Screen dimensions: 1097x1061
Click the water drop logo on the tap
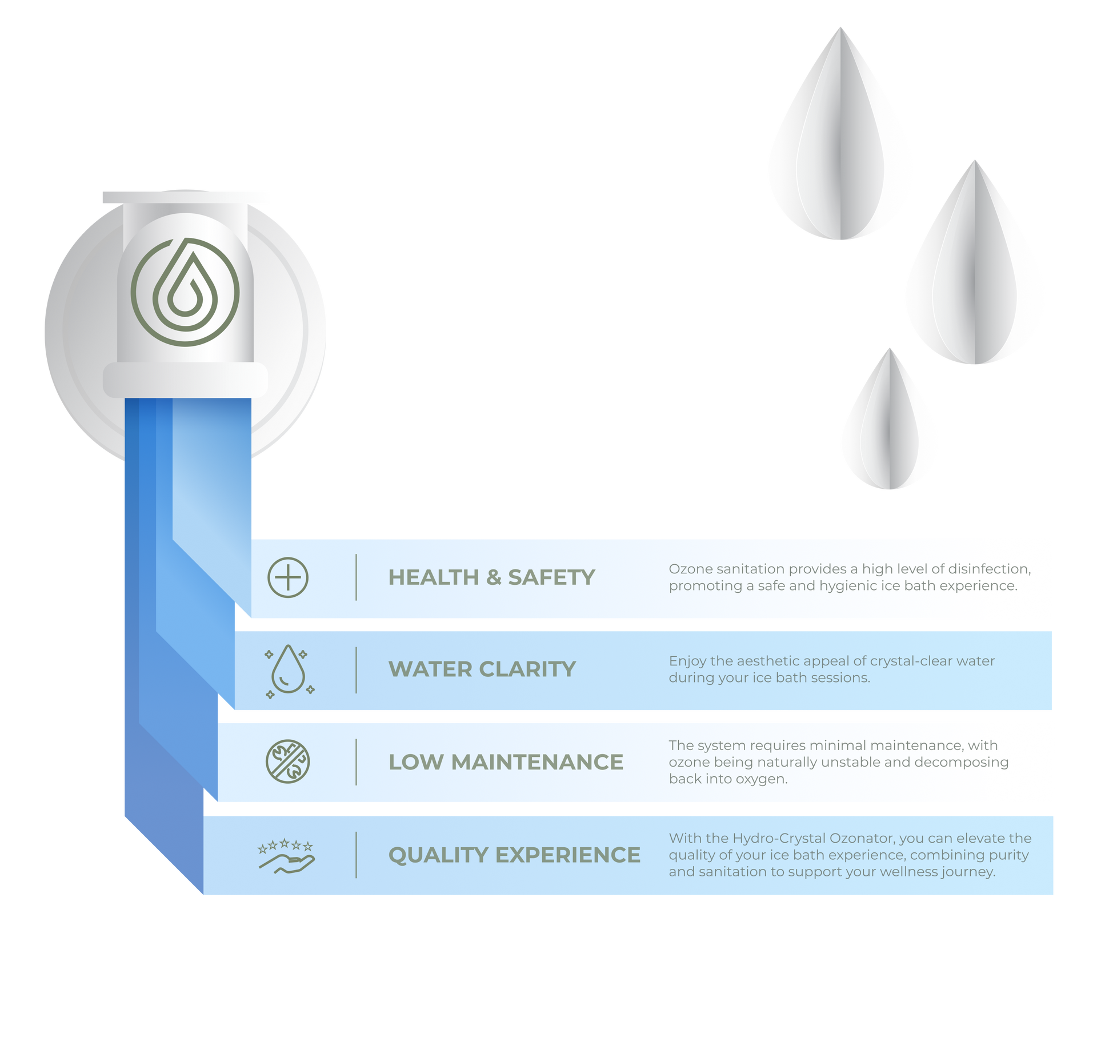[x=185, y=292]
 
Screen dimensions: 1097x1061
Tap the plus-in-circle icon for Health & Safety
[x=288, y=577]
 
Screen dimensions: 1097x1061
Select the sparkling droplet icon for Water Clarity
[x=289, y=671]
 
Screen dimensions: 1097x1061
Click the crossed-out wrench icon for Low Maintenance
[x=288, y=761]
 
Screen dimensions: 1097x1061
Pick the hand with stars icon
[x=286, y=856]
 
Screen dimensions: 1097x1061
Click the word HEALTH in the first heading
[x=434, y=577]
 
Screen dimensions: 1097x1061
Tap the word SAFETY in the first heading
[x=551, y=577]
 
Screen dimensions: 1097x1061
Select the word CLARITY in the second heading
[x=527, y=669]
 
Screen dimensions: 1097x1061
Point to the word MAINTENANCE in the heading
[x=537, y=762]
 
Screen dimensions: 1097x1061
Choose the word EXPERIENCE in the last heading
[x=568, y=855]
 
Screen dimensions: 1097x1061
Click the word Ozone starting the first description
[x=688, y=569]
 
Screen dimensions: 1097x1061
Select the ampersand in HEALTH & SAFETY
[x=494, y=577]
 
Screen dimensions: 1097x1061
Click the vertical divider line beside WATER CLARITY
[x=357, y=670]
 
